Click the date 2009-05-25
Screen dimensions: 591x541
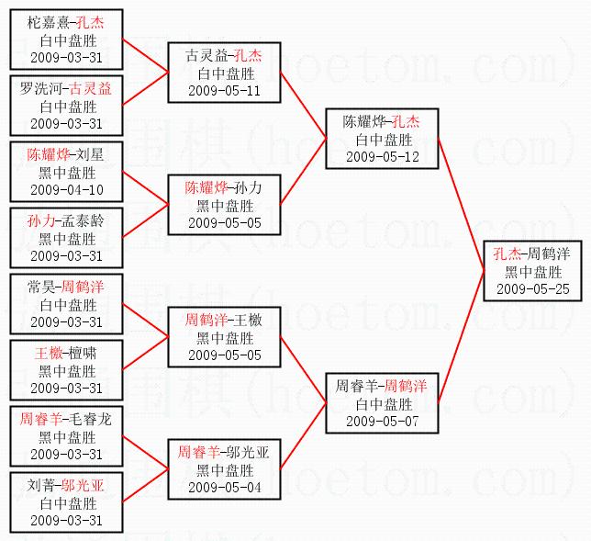point(532,288)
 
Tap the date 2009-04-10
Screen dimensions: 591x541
point(67,190)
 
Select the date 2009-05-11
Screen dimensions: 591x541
point(224,91)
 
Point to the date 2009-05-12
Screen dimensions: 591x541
point(382,157)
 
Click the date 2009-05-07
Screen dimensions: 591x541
point(382,421)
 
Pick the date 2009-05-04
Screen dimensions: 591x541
point(224,487)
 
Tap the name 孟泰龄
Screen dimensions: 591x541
point(80,220)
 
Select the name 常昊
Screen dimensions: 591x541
point(41,287)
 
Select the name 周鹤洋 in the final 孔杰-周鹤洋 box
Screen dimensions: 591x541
point(552,254)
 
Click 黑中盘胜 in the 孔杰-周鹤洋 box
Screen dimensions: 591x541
point(532,271)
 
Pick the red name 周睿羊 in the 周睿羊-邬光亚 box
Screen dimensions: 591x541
point(198,452)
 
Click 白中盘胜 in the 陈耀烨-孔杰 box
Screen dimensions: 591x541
point(382,140)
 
